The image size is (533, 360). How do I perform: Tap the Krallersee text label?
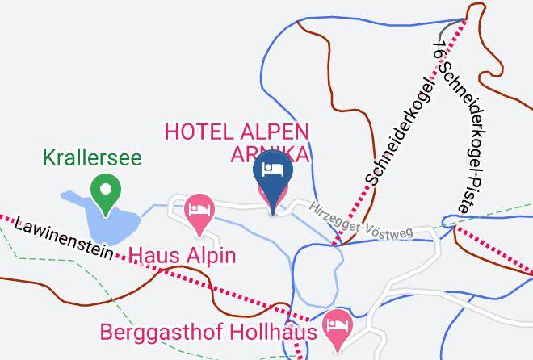[x=94, y=155]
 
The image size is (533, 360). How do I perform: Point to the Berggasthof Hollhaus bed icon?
[x=335, y=326]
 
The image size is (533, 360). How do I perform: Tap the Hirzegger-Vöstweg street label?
[x=360, y=220]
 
